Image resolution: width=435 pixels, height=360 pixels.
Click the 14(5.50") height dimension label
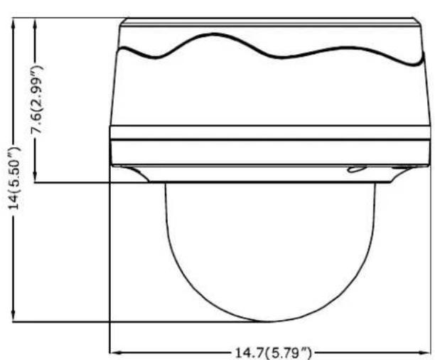coord(14,179)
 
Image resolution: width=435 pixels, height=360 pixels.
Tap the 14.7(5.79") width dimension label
coord(273,354)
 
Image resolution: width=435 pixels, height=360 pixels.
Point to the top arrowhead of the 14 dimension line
coord(13,23)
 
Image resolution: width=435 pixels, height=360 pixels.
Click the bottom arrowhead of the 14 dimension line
coord(13,317)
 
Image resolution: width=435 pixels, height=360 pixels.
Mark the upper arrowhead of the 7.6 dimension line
coord(35,23)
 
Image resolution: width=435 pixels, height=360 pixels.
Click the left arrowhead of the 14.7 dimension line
coord(116,353)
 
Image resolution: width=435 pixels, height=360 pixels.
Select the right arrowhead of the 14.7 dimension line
coord(424,353)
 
